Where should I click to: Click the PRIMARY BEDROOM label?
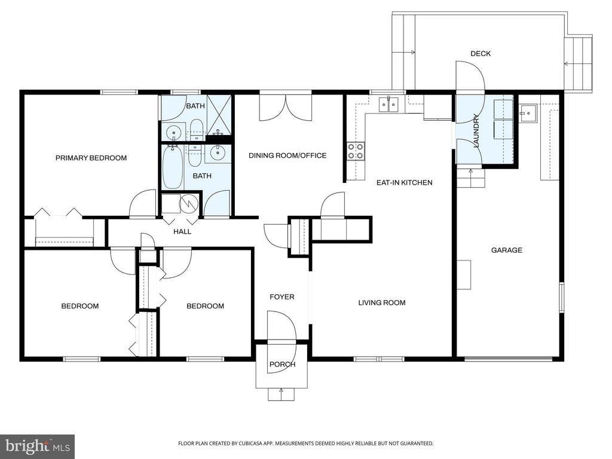coord(91,158)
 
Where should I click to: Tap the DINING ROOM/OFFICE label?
coord(287,155)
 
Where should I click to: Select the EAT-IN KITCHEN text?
coord(403,182)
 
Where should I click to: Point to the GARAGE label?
coord(506,250)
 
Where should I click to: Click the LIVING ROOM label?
coord(381,302)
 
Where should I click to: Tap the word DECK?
coord(480,54)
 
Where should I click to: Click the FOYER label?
coord(281,296)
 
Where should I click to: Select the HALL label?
coord(182,231)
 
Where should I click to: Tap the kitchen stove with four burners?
coord(356,151)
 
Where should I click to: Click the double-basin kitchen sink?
coord(388,105)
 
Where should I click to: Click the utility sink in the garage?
coord(527,111)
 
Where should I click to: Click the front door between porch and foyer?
coord(281,341)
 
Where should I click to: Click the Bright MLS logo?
coord(36,446)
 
